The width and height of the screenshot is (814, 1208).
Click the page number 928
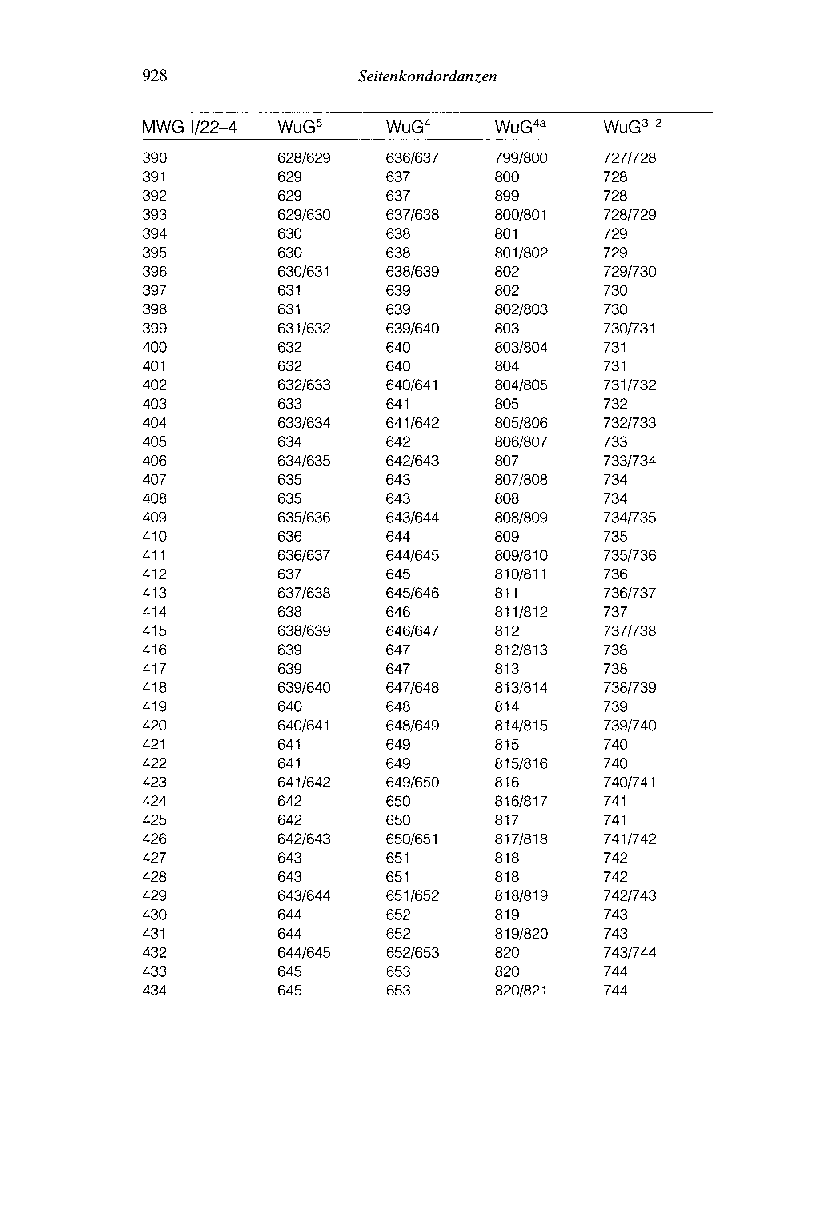pyautogui.click(x=155, y=76)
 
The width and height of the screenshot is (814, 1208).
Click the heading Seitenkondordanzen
pyautogui.click(x=427, y=77)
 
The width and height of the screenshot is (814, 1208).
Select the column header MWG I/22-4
pyautogui.click(x=189, y=127)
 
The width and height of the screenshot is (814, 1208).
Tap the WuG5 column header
pyautogui.click(x=300, y=127)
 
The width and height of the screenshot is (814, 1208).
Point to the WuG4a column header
pyautogui.click(x=520, y=127)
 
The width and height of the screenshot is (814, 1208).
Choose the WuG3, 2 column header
pyautogui.click(x=632, y=127)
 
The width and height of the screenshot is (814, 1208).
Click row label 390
pyautogui.click(x=155, y=158)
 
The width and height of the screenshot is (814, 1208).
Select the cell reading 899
pyautogui.click(x=507, y=196)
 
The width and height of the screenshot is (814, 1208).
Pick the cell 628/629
pyautogui.click(x=304, y=158)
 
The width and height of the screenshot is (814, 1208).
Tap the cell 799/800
pyautogui.click(x=521, y=158)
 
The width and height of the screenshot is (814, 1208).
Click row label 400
pyautogui.click(x=155, y=347)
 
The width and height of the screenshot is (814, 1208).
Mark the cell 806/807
pyautogui.click(x=521, y=442)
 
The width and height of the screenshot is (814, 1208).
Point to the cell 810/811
pyautogui.click(x=521, y=574)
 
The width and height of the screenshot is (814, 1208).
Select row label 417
pyautogui.click(x=155, y=669)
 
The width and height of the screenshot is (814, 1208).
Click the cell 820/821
pyautogui.click(x=521, y=991)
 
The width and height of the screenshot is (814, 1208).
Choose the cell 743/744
pyautogui.click(x=630, y=953)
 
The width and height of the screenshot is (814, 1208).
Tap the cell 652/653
pyautogui.click(x=412, y=953)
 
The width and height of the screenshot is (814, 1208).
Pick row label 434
pyautogui.click(x=155, y=991)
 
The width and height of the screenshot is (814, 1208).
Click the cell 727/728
pyautogui.click(x=630, y=158)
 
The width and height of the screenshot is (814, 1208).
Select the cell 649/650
pyautogui.click(x=412, y=783)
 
